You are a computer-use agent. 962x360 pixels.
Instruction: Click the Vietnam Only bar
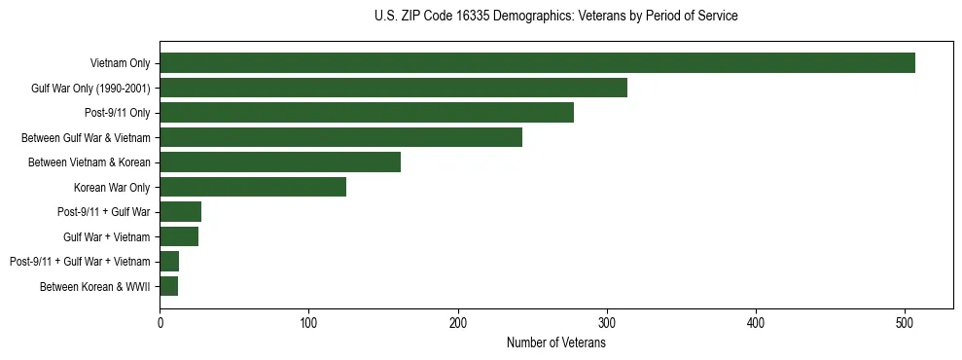click(537, 63)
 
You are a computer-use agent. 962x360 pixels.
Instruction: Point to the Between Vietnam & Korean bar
click(280, 162)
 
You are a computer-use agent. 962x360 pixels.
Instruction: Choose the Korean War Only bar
click(253, 187)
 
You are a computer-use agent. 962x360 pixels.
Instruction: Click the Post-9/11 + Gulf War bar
click(181, 211)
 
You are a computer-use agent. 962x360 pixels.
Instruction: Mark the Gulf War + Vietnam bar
click(179, 236)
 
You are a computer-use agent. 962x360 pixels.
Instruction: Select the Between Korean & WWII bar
click(169, 286)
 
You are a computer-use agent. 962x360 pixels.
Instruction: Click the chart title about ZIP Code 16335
click(555, 16)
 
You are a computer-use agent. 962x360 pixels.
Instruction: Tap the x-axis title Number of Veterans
click(555, 342)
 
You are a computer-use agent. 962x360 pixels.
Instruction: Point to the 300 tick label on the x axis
click(607, 323)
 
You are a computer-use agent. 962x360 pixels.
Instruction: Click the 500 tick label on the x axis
click(905, 323)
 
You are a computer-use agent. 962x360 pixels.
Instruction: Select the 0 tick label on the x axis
click(160, 323)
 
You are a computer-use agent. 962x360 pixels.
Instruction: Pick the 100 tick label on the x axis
click(308, 323)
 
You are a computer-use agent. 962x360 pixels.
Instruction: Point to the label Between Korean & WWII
click(94, 286)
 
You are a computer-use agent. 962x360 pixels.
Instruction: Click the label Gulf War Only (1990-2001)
click(90, 89)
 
